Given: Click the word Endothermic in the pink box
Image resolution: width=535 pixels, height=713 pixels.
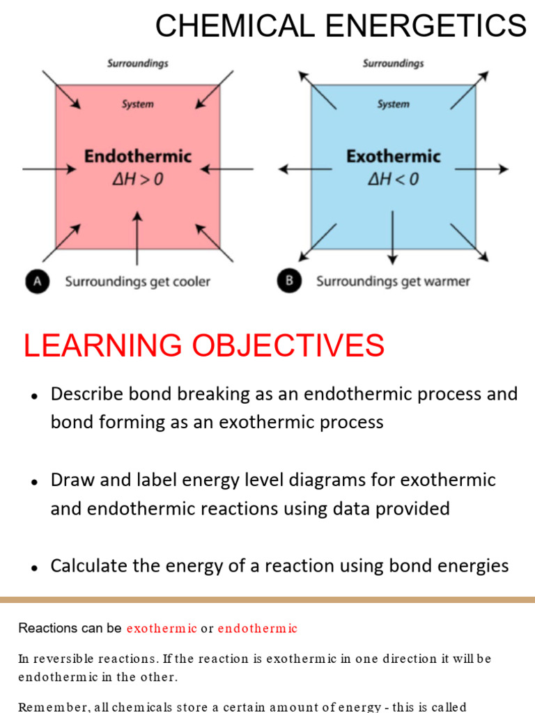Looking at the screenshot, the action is [x=138, y=156].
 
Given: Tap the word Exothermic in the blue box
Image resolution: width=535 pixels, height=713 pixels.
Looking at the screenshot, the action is [x=394, y=156].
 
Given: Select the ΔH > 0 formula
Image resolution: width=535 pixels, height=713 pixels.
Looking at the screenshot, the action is [x=138, y=179].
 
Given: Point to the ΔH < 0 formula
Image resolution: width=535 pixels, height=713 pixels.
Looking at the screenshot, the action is [x=394, y=179].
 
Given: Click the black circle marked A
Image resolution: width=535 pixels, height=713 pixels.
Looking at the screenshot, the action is [x=38, y=281].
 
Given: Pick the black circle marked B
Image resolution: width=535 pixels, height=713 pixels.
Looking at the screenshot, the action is [x=289, y=281].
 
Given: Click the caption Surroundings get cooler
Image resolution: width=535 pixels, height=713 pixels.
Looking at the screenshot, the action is [x=137, y=281].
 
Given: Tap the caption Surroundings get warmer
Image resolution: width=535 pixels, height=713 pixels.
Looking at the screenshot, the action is [x=393, y=281].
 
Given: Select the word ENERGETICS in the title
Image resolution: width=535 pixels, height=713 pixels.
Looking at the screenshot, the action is [x=426, y=26].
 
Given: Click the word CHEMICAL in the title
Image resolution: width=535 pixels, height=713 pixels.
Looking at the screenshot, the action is [x=235, y=26].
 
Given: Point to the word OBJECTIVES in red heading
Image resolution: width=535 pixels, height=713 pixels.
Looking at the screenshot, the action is [x=288, y=345].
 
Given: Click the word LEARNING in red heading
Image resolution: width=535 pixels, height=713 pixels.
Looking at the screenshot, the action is [x=102, y=345].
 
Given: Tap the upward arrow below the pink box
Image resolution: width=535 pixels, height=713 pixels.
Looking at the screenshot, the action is [x=137, y=238].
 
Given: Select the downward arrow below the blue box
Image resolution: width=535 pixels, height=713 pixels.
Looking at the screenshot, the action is [x=393, y=237].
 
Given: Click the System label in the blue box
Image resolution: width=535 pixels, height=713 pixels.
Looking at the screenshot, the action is [x=393, y=104].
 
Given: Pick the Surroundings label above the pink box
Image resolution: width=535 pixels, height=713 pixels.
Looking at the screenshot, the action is [x=138, y=63].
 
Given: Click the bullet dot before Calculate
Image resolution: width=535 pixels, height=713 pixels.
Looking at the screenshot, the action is [x=34, y=568].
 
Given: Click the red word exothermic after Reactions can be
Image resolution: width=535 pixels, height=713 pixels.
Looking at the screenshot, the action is [x=162, y=629].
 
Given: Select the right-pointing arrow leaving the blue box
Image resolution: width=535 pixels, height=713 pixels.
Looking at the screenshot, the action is [x=481, y=169].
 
